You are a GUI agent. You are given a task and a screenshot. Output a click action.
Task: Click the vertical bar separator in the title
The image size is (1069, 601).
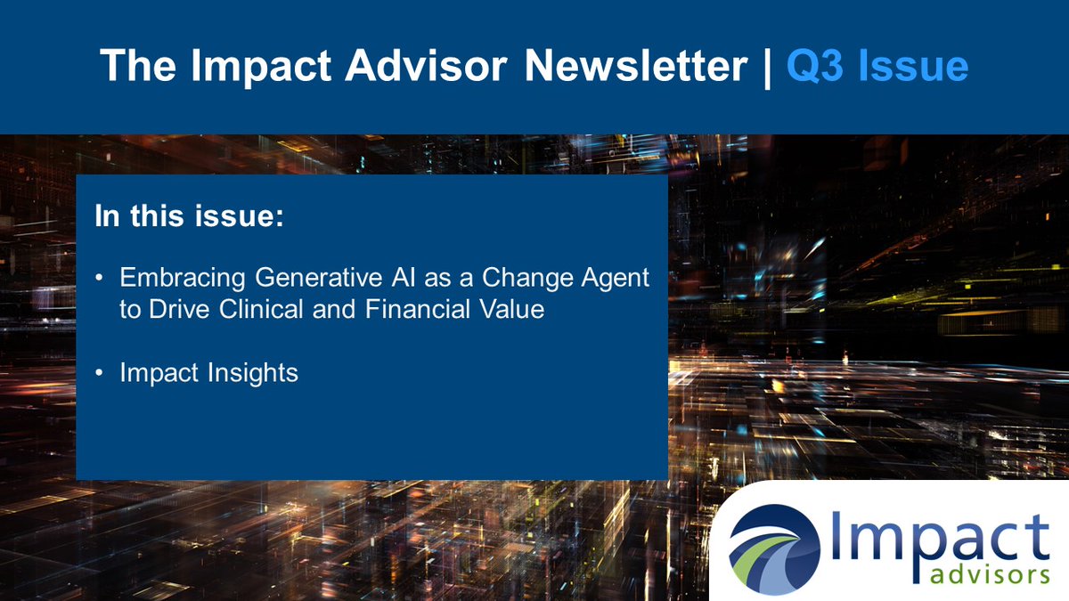tap(767, 66)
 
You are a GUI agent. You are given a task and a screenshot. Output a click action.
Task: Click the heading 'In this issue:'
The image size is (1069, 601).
tap(189, 217)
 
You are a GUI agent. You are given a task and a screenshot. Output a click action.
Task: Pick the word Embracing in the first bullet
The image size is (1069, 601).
tap(183, 278)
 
